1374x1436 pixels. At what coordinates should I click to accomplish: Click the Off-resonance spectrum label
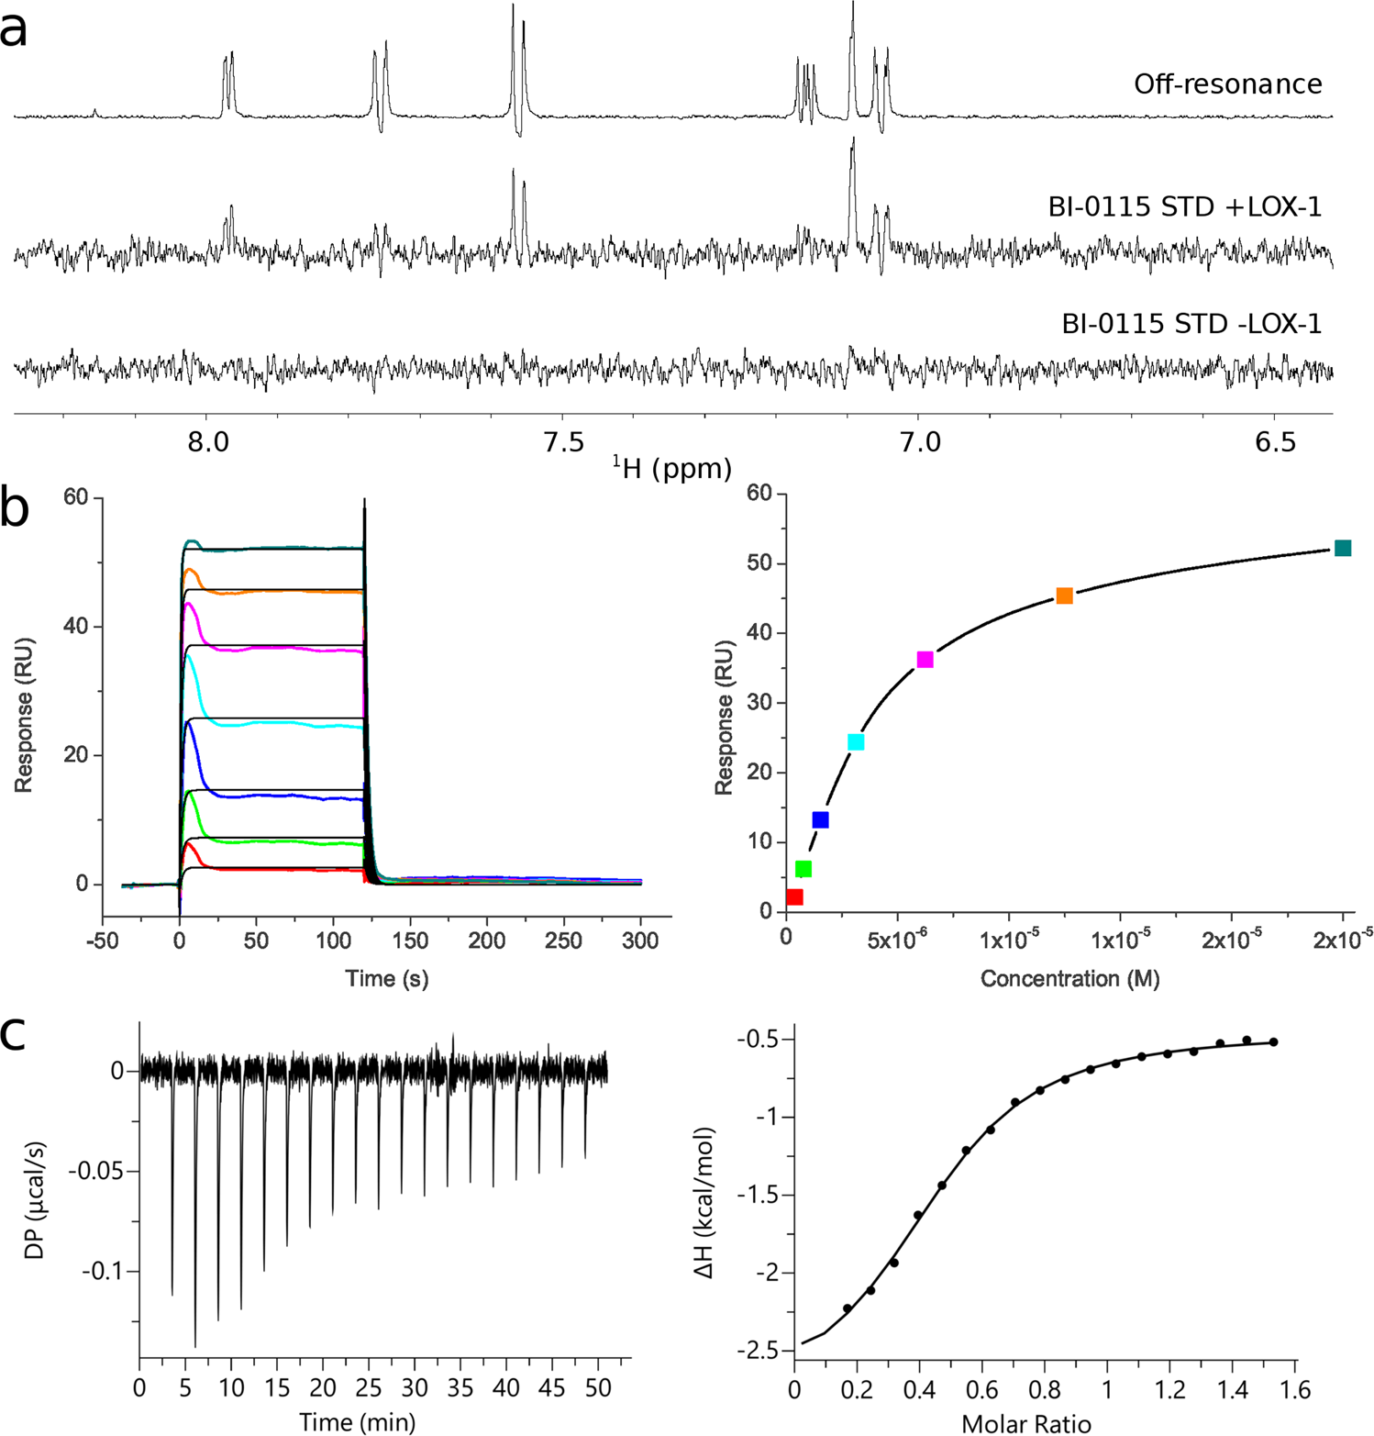pos(1227,84)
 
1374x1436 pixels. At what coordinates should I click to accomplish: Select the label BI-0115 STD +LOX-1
pos(1184,207)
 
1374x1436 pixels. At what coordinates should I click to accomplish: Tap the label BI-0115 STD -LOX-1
pos(1191,324)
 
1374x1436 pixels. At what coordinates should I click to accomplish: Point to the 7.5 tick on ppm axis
pos(563,442)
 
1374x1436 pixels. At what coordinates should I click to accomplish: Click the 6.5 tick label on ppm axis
pos(1275,442)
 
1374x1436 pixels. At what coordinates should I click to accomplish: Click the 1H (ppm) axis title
pos(672,468)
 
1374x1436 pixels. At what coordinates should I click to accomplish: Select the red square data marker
pos(794,896)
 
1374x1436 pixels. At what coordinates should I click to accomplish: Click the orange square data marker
pos(1064,596)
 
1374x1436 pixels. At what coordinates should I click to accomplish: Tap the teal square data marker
pos(1342,548)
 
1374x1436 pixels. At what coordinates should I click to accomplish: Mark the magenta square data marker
pos(925,659)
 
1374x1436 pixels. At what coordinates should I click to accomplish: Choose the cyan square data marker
pos(856,741)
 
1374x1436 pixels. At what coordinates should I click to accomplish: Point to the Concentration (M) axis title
pos(1069,979)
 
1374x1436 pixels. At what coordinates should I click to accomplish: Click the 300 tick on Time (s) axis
pos(640,941)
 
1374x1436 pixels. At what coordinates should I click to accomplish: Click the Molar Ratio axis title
pos(1025,1423)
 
